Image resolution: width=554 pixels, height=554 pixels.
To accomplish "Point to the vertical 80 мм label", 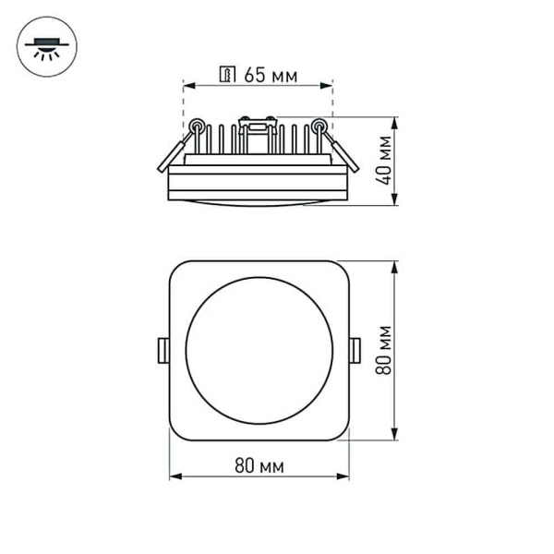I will pos(385,349).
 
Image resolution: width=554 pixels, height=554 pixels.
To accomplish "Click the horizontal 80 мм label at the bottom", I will pos(259,465).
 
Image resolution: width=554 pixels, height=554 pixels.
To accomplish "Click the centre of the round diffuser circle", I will pos(259,350).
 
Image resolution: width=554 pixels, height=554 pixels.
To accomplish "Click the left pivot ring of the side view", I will pos(196,126).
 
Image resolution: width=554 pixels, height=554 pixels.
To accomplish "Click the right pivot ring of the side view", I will pos(319,126).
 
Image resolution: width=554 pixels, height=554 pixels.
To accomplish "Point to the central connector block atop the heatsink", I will pos(258,123).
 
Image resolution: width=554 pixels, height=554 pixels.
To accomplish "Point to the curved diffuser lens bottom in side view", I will pos(259,202).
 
